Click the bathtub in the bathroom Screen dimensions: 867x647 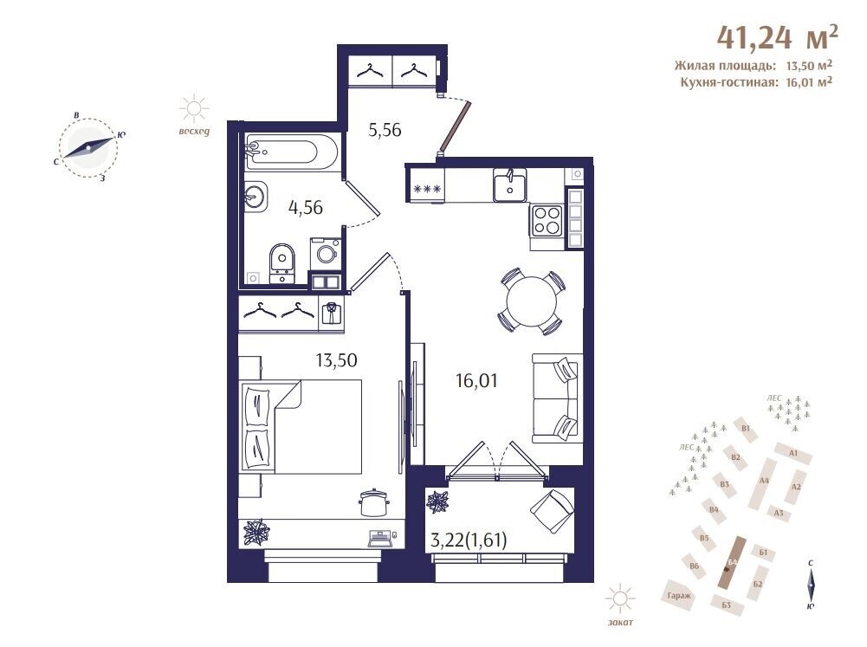(x=291, y=152)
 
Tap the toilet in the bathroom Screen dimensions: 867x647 (x=282, y=263)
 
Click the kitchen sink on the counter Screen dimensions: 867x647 (x=510, y=184)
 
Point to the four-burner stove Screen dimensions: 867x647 (x=547, y=219)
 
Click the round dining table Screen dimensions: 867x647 (x=531, y=301)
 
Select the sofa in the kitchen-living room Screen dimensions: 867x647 (x=558, y=398)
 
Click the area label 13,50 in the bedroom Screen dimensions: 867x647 (x=336, y=360)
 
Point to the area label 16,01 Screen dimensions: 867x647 (x=476, y=381)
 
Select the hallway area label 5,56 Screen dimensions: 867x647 (x=385, y=131)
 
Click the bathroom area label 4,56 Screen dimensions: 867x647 (x=306, y=208)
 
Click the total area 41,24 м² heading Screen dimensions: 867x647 (x=778, y=36)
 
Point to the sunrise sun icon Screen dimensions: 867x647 (x=194, y=108)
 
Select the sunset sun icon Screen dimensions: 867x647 (x=619, y=598)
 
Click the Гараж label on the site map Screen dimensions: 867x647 (x=679, y=596)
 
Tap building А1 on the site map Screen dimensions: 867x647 (x=793, y=453)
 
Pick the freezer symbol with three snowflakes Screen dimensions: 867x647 (x=426, y=189)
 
